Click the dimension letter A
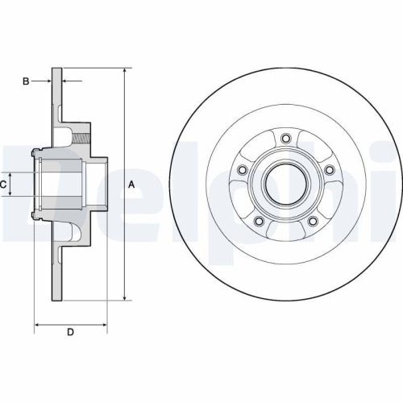131,185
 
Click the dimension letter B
26,81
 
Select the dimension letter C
4,185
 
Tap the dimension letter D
70,332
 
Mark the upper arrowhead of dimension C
11,175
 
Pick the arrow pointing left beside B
66,81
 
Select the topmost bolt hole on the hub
285,136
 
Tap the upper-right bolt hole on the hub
331,170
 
